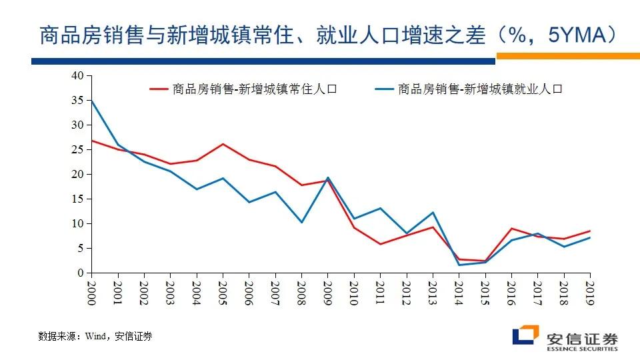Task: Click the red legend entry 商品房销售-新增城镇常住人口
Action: pos(254,89)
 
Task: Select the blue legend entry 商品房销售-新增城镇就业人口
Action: pos(480,89)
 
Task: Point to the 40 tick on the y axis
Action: pos(78,75)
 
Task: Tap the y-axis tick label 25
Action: pos(78,149)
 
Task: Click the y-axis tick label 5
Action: pos(81,248)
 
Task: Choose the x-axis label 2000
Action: pos(91,291)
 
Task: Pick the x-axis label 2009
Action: pos(327,291)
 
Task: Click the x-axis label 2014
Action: pos(459,291)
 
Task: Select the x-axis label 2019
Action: pos(590,291)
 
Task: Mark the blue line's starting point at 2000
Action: pos(91,101)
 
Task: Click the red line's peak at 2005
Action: pos(223,144)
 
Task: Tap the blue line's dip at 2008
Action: pos(301,222)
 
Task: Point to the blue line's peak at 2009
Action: pos(327,177)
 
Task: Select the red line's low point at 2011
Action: pos(380,244)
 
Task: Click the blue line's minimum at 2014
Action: pos(459,265)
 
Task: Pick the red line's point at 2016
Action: pos(511,228)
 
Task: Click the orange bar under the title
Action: pos(567,56)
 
